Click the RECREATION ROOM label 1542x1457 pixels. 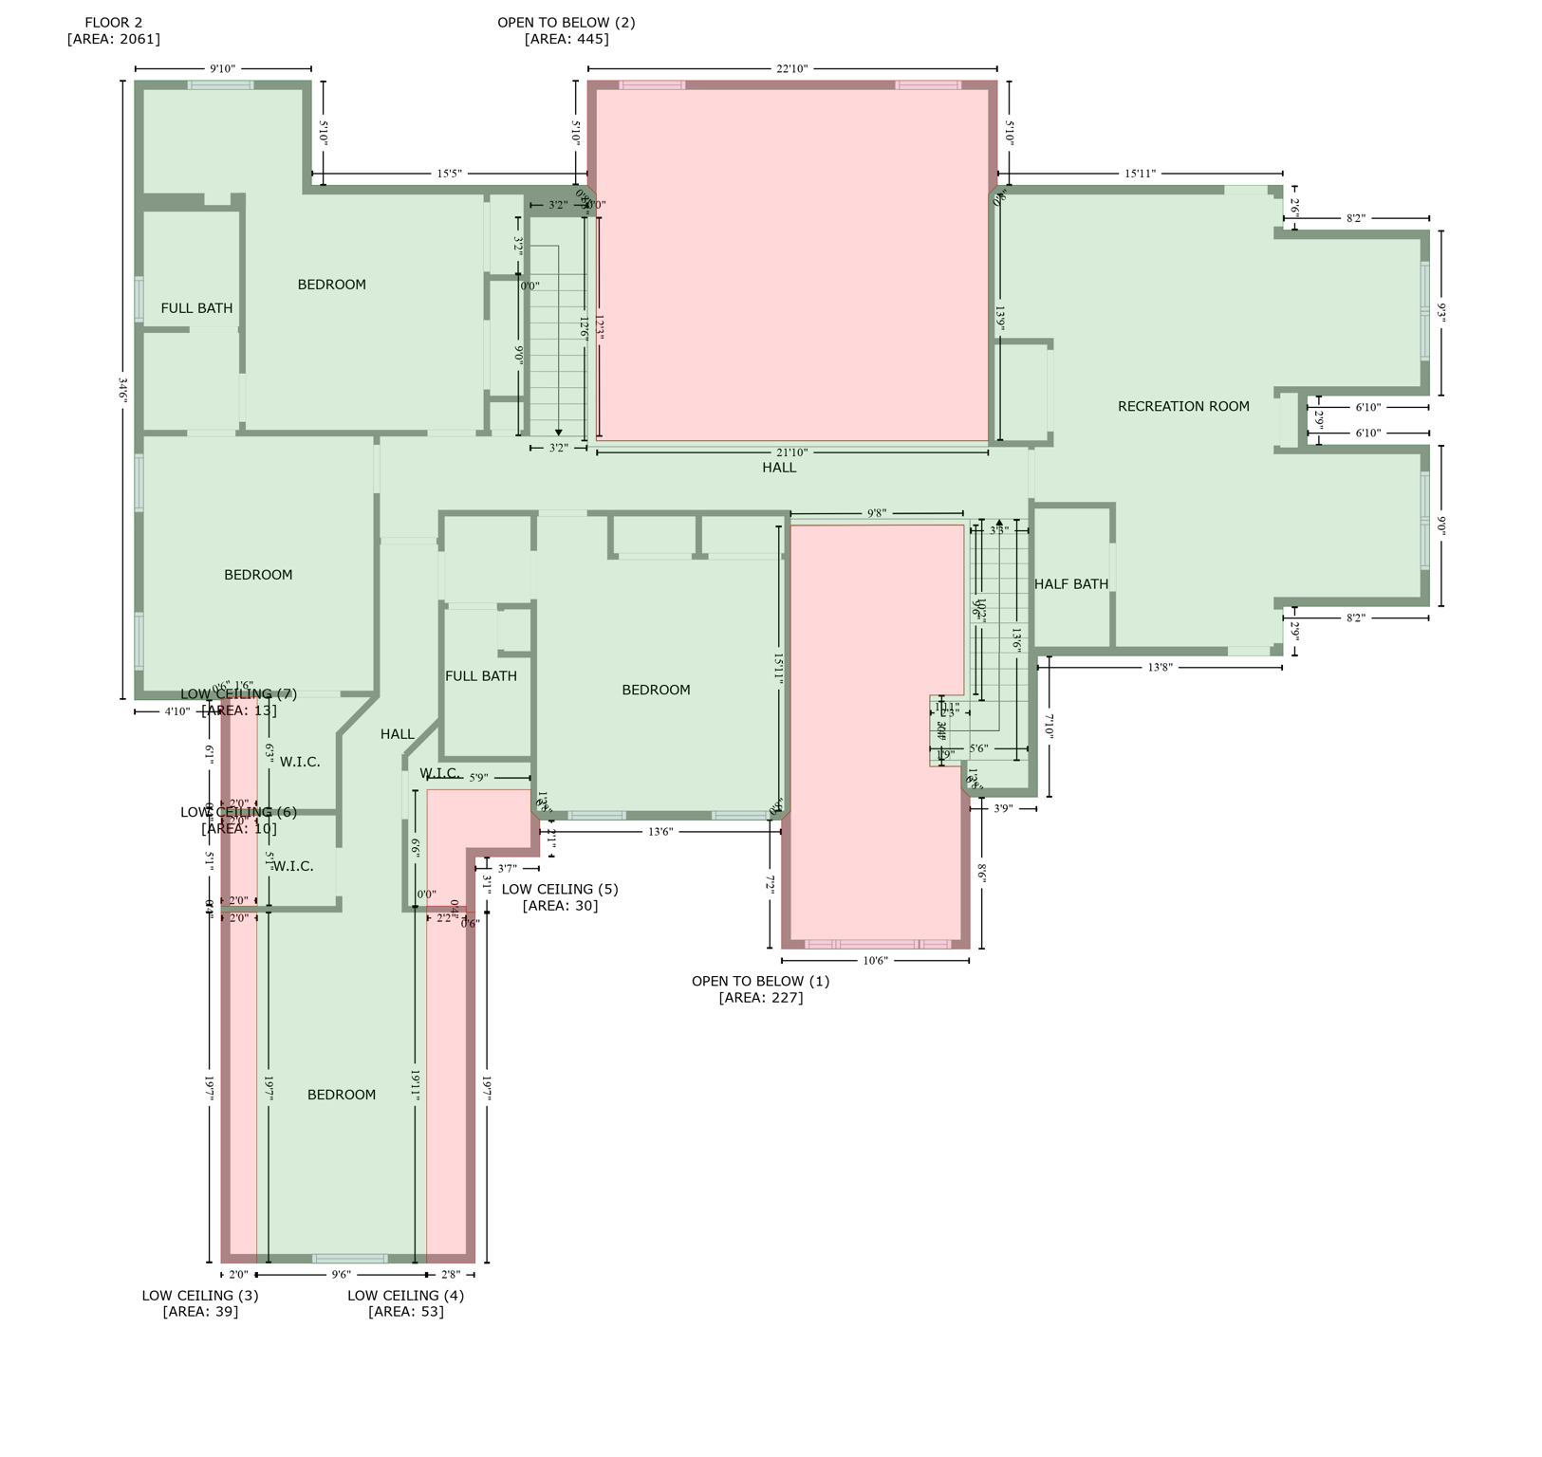(1182, 406)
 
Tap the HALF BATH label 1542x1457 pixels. (1070, 584)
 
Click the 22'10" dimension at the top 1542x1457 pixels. (791, 69)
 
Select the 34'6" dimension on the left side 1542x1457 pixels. (123, 390)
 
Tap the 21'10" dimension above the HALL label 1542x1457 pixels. (791, 453)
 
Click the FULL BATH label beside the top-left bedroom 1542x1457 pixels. (196, 308)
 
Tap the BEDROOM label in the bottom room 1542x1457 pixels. (341, 1095)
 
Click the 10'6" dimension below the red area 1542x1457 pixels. (874, 961)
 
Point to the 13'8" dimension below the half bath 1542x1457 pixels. (1159, 668)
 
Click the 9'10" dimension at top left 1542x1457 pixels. (222, 69)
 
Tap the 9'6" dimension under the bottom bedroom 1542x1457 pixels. (341, 1275)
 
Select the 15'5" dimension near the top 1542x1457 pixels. (449, 174)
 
